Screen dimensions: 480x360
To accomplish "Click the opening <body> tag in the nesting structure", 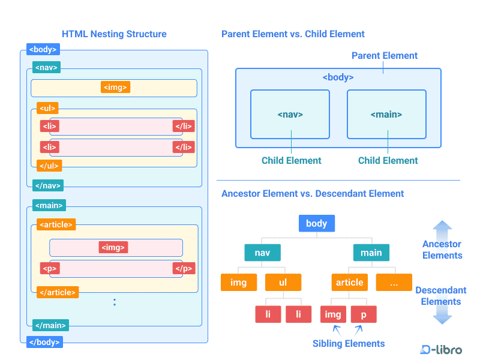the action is click(43, 49).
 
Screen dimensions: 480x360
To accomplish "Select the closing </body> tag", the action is click(44, 342).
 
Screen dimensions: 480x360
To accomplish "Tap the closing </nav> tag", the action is click(48, 185).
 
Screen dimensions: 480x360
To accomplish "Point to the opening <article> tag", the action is click(56, 224).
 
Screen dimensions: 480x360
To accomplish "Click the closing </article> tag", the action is click(58, 292).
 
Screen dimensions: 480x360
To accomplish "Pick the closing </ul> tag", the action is click(49, 166).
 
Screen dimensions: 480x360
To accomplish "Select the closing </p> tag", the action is click(184, 268).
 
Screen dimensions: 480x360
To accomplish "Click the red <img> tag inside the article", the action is click(113, 247).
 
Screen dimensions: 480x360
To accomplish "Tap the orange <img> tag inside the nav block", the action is click(115, 87).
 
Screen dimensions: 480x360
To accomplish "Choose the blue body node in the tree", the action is click(317, 223).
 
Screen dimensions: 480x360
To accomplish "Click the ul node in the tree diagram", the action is click(283, 282).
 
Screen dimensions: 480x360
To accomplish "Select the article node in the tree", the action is click(350, 282).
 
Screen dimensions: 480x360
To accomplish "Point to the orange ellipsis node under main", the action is click(394, 282).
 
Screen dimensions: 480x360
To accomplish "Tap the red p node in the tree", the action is click(364, 314).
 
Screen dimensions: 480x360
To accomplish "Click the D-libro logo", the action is click(441, 350).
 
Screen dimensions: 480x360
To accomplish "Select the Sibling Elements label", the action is click(349, 343).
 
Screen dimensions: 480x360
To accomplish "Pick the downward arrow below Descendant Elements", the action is click(442, 314).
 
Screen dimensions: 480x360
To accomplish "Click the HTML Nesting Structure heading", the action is click(114, 34).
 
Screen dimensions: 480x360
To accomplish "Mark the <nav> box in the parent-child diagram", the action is click(290, 114).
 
